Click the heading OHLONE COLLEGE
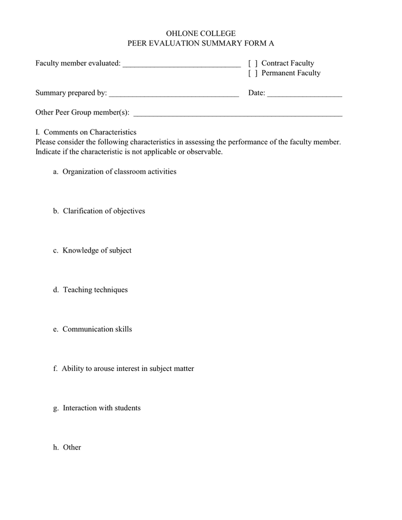coord(200,34)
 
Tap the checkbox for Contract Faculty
coord(252,64)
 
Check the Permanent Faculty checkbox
coord(252,73)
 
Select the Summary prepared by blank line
coord(173,93)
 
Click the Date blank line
coord(304,93)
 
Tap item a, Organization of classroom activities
coord(119,172)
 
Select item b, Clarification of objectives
coord(104,211)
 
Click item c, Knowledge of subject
coord(97,250)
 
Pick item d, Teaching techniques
coord(95,289)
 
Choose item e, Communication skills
coord(97,329)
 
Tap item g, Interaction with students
coord(102,408)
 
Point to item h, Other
coord(72,447)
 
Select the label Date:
coord(256,93)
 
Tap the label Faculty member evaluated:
coord(78,64)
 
